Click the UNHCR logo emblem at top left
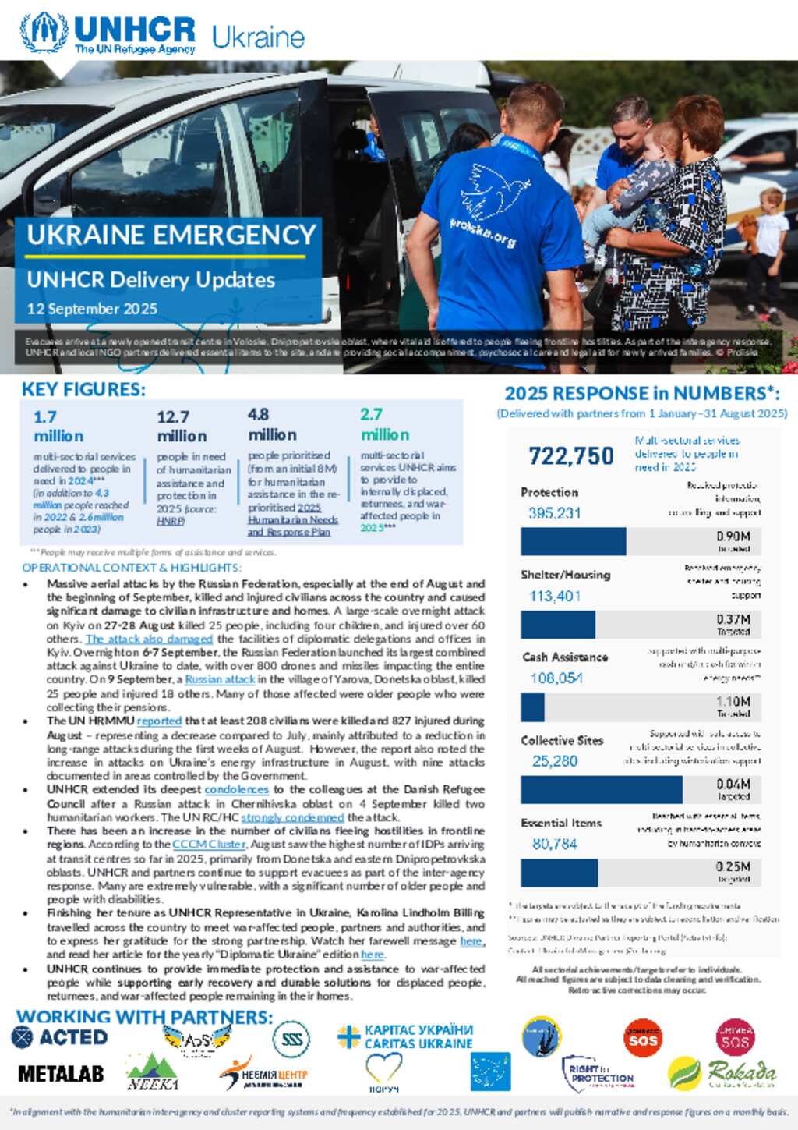tap(44, 33)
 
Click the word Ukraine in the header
tap(258, 37)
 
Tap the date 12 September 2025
tap(92, 309)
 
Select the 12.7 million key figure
tap(182, 426)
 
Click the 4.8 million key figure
tap(272, 424)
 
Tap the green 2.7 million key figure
tap(384, 424)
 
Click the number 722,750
tap(571, 455)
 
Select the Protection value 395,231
tap(554, 513)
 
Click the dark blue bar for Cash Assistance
tap(533, 707)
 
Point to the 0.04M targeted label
tap(733, 789)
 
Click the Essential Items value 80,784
tap(554, 844)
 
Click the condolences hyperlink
tap(236, 790)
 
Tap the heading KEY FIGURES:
tap(83, 390)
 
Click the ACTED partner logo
tap(60, 1037)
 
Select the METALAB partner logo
tap(61, 1074)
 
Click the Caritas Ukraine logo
tap(405, 1037)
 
